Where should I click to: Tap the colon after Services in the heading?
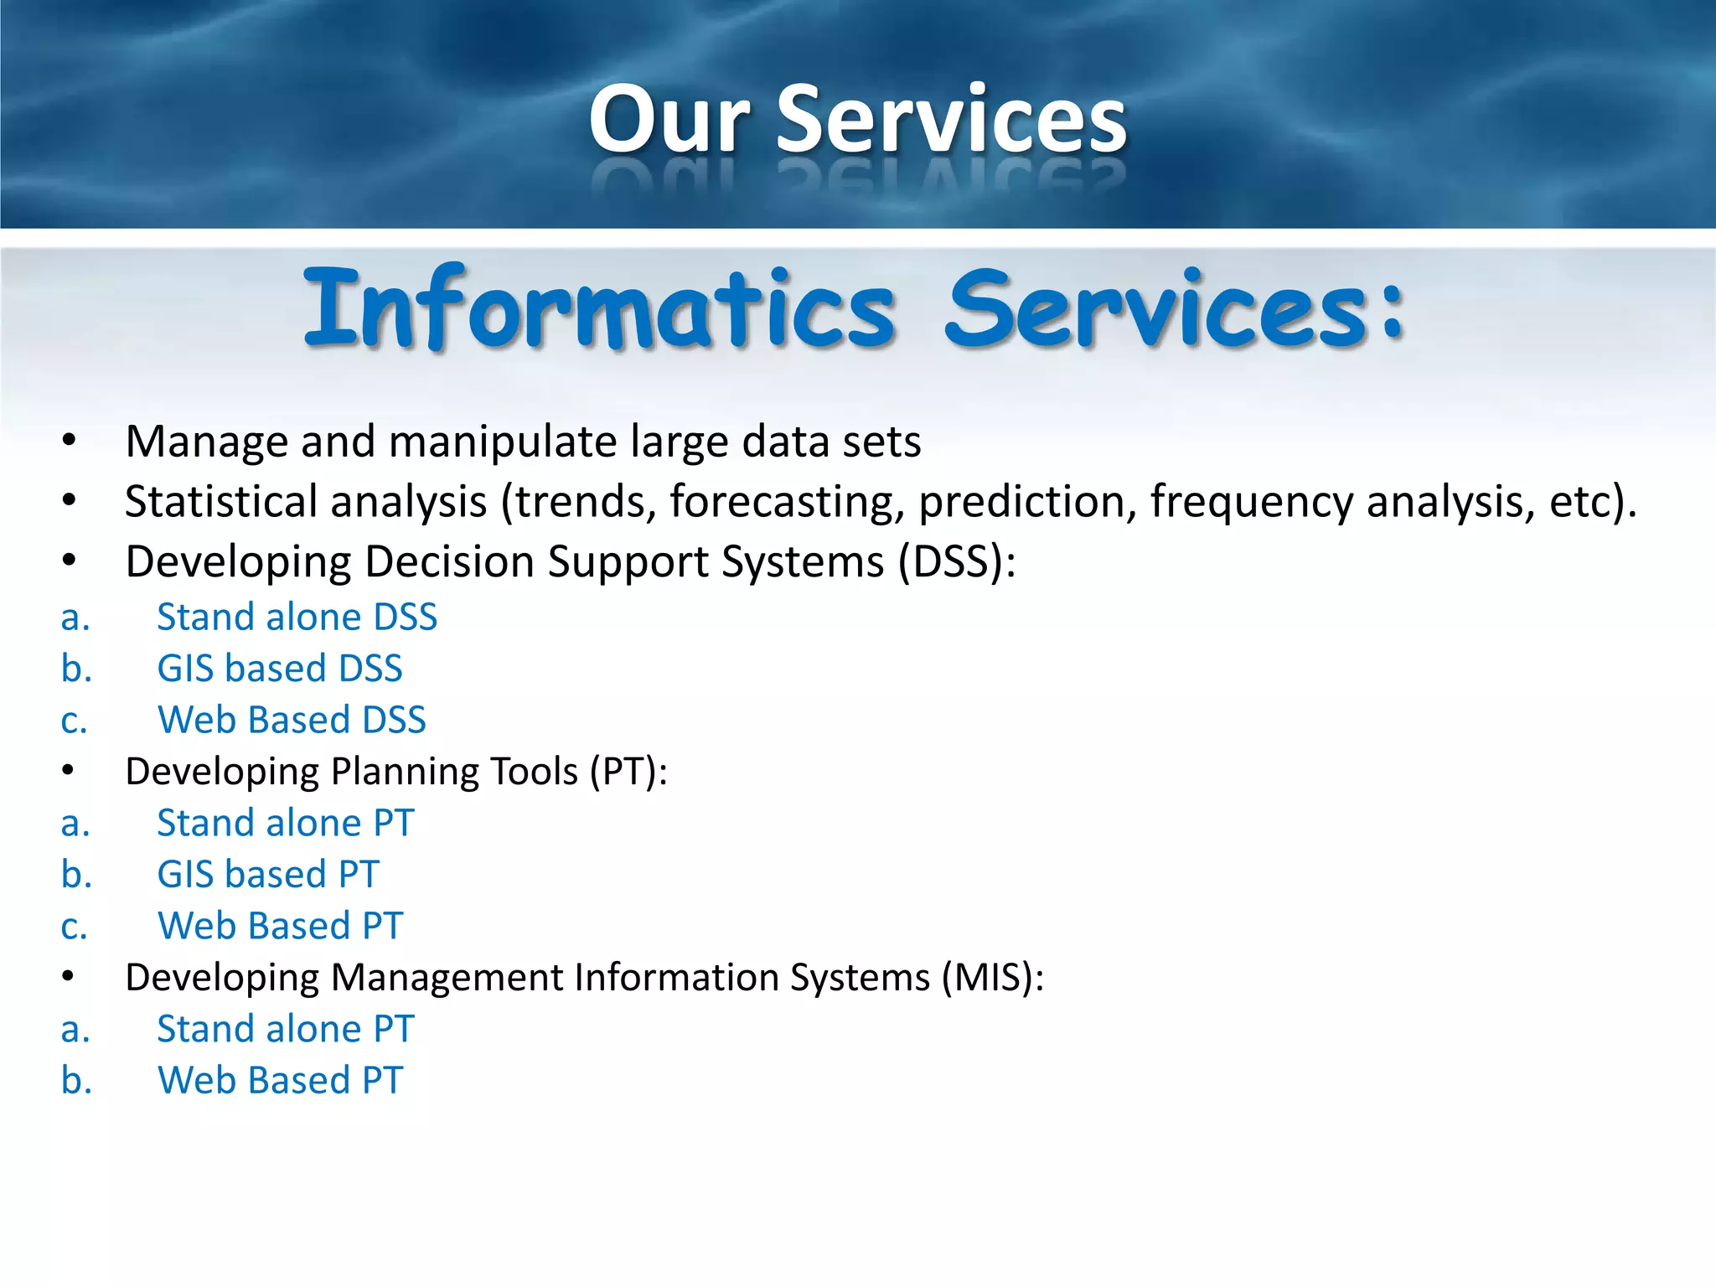pos(1391,312)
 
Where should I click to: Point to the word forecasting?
pos(787,502)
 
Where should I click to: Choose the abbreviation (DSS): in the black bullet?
pos(956,561)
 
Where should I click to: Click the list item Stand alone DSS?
pos(297,618)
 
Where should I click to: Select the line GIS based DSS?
pos(279,669)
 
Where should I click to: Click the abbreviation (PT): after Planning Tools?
pos(628,772)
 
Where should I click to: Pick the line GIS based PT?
pos(268,875)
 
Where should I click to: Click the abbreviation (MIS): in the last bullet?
pos(992,978)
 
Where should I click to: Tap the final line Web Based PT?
pos(280,1081)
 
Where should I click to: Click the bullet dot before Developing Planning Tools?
pos(69,771)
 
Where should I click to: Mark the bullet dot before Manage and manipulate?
pos(69,441)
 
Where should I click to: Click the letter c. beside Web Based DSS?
pos(74,721)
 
